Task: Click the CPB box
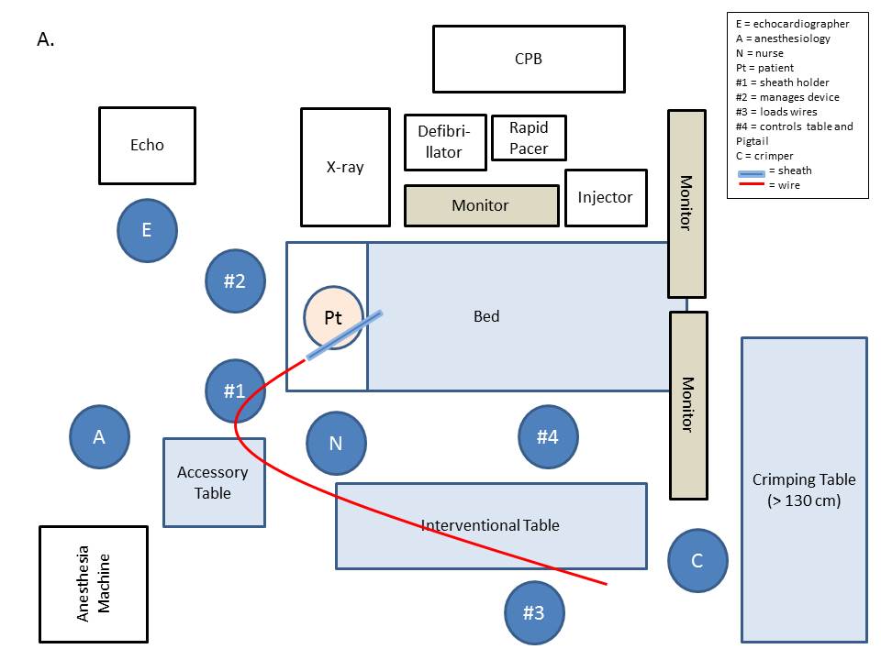point(529,59)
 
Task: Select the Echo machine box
point(147,145)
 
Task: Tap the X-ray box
point(345,167)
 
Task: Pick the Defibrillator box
point(445,142)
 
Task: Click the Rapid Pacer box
point(529,137)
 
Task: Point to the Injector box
point(605,197)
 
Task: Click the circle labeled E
point(147,230)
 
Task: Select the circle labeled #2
point(235,281)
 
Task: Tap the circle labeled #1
point(235,390)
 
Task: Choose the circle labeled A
point(99,437)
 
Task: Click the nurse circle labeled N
point(336,443)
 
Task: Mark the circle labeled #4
point(547,437)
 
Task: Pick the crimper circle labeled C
point(697,561)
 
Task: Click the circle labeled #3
point(534,611)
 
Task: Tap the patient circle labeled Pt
point(333,317)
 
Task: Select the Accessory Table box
point(214,482)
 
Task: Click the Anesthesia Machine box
point(94,584)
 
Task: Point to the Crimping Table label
point(803,489)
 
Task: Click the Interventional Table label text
point(490,525)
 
